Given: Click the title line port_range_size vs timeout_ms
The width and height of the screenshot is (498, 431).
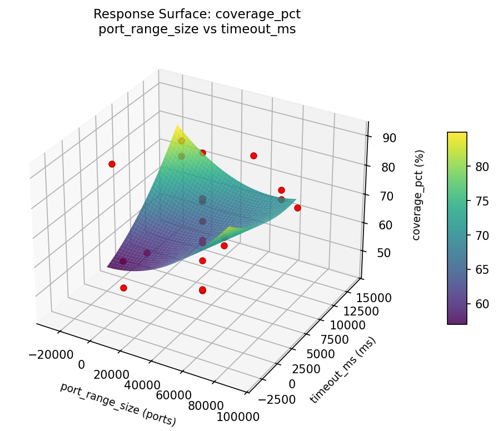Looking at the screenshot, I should (197, 29).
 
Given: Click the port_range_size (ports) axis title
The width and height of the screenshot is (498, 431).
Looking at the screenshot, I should (118, 404).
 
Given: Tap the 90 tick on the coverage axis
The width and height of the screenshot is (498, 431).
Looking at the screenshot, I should (389, 138).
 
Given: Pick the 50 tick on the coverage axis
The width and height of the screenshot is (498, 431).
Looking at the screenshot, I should (389, 253).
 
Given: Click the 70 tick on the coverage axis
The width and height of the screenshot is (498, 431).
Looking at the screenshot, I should (389, 196).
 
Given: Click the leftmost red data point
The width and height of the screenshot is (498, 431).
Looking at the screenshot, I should (112, 164).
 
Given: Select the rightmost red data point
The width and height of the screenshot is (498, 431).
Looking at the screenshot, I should (297, 208).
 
